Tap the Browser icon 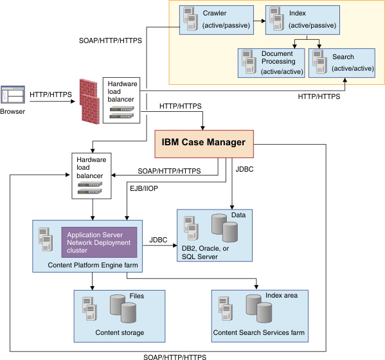13,96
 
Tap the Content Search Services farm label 258,333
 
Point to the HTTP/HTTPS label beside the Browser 51,94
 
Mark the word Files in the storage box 136,296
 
